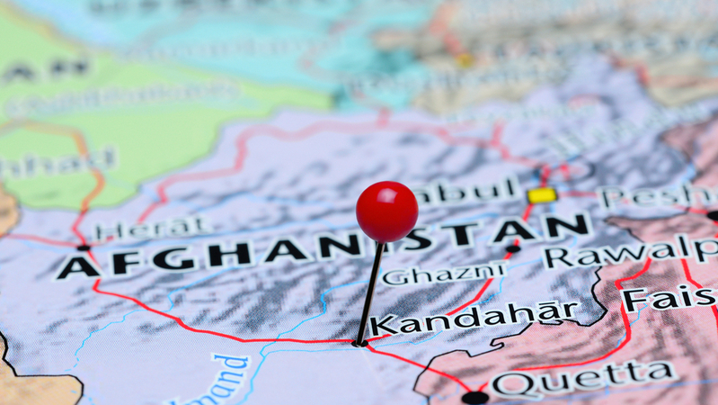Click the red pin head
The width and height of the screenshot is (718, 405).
[386, 211]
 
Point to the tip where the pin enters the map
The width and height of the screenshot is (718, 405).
[359, 343]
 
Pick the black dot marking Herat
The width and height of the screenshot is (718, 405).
[83, 247]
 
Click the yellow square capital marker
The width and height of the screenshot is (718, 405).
[541, 195]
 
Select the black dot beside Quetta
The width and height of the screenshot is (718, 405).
[474, 397]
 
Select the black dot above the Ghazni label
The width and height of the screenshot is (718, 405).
[512, 248]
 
